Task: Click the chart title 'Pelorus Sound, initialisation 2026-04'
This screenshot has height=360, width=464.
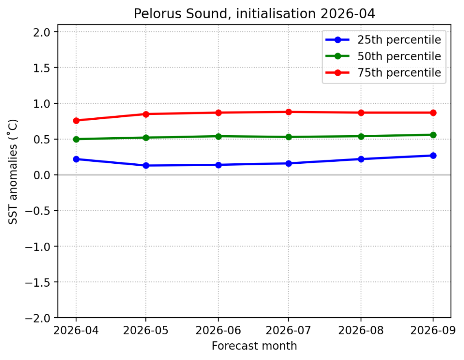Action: [254, 13]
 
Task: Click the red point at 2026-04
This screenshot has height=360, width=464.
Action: [76, 121]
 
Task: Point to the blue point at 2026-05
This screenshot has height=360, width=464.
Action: [146, 165]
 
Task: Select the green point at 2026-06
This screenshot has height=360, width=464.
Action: [219, 136]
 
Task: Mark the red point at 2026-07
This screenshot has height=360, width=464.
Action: [289, 112]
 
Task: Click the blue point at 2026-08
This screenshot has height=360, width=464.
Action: [361, 159]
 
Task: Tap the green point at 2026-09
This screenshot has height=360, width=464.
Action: [433, 135]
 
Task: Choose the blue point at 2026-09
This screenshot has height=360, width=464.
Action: [433, 156]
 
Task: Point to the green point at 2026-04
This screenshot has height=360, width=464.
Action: [76, 139]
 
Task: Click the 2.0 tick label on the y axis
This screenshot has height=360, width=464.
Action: [43, 32]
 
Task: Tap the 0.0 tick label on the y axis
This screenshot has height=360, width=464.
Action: [43, 175]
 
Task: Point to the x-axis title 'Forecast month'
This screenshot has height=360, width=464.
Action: [254, 346]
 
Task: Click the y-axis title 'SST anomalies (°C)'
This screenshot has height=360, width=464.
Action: [13, 171]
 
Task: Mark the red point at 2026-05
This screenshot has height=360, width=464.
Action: [146, 114]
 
